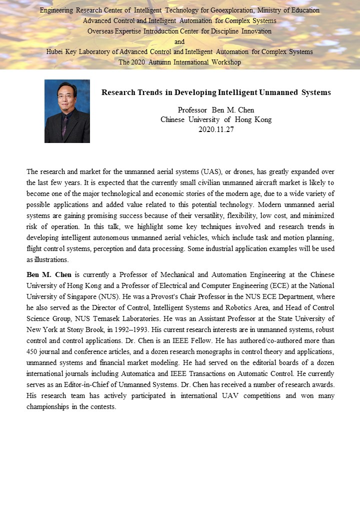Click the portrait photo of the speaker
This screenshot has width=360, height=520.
pos(67,111)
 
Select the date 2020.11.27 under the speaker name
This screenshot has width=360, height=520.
pos(216,129)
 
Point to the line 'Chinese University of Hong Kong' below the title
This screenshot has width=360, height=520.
pos(216,119)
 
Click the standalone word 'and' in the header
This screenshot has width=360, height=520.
pos(179,41)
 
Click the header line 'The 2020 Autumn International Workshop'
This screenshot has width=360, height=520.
pos(179,62)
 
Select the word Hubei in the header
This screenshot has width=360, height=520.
pos(55,52)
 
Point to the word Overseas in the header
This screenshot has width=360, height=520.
pos(100,31)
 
